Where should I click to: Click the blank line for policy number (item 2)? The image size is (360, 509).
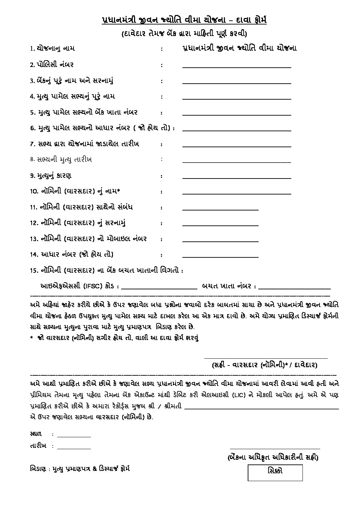coord(236,67)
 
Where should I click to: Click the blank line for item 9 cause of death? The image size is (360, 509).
coord(236,178)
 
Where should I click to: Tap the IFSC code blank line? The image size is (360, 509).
coord(159,288)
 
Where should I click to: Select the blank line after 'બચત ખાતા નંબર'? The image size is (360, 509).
coord(295,288)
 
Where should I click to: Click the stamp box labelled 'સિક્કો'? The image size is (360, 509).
coord(275,473)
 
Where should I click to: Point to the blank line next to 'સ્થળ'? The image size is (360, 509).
coord(74,436)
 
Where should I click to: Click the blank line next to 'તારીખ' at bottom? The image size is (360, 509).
coord(74,448)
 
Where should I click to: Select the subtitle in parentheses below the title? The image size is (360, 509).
coord(184,34)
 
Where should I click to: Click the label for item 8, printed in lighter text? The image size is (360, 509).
coord(61,159)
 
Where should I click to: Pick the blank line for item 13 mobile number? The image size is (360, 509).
coord(220,241)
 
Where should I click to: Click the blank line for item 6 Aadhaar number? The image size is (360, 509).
coord(236,130)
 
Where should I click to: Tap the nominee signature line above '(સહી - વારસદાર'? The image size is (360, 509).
coord(265,358)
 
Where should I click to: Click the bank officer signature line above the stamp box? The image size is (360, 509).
coord(275,449)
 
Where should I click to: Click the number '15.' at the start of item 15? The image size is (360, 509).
coord(33,271)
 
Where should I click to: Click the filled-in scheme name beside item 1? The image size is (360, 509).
coord(239,48)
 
